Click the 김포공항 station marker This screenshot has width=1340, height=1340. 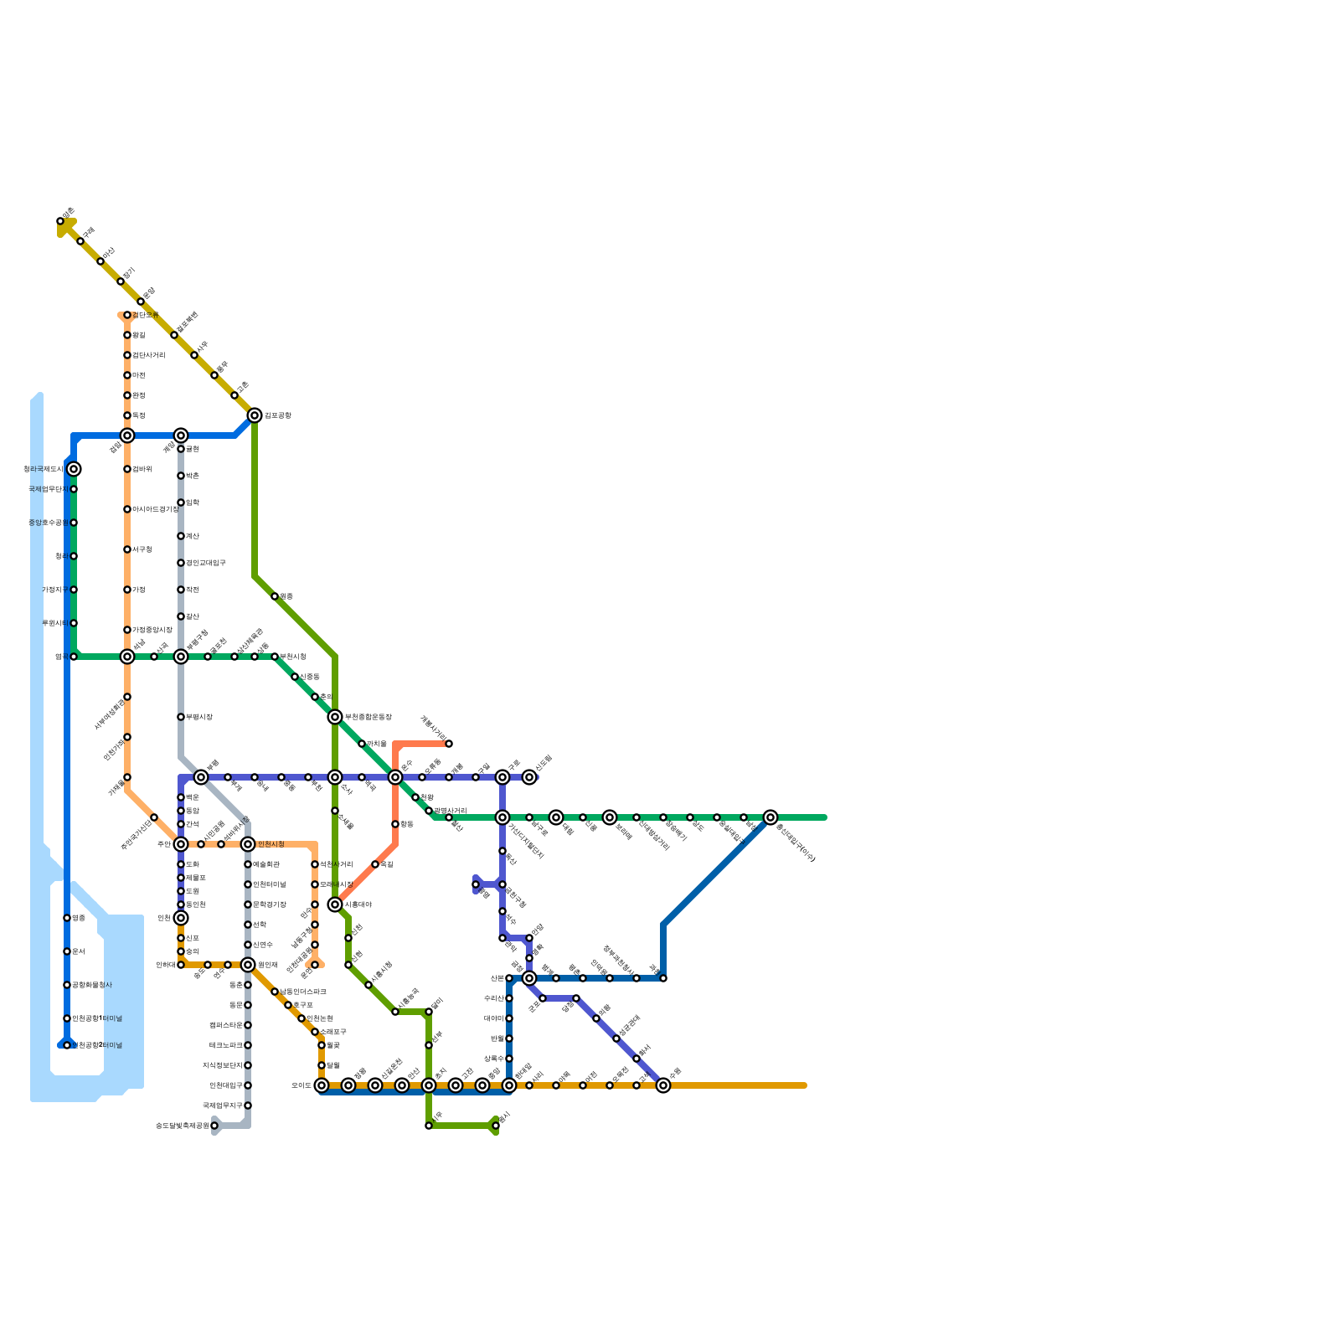255,415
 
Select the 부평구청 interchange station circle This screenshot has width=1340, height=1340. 181,657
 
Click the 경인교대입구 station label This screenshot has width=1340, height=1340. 206,563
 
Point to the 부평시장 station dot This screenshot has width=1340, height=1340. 181,717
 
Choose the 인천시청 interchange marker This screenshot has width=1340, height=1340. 248,844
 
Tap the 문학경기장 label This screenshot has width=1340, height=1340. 270,904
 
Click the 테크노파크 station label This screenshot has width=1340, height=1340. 226,1045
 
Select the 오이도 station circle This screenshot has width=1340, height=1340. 322,1085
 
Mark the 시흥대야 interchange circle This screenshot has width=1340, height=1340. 335,904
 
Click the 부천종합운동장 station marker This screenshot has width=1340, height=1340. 335,717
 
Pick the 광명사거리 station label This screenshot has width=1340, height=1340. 451,811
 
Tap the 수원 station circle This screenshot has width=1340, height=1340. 663,1085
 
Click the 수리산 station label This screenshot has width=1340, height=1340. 494,998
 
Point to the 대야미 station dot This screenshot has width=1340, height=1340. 509,1018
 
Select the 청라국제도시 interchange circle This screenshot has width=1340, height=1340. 74,469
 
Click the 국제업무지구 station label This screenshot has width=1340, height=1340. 223,1105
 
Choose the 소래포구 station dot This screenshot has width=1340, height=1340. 315,1032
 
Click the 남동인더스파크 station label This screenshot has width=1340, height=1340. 303,992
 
